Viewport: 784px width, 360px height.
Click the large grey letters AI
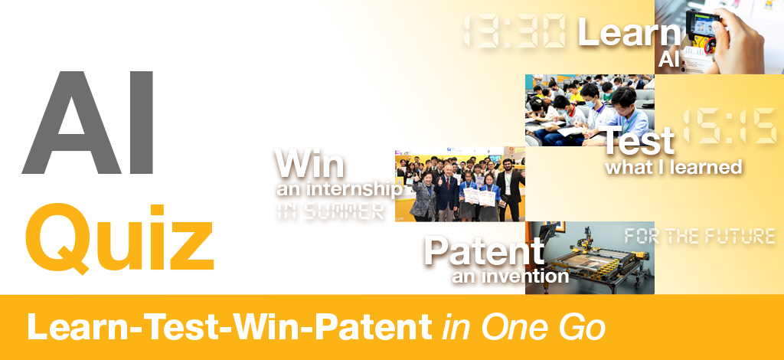click(88, 123)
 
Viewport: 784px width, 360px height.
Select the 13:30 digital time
click(514, 31)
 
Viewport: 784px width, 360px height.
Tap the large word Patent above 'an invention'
click(484, 250)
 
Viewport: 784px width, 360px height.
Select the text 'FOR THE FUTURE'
click(700, 236)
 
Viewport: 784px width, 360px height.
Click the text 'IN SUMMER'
click(331, 211)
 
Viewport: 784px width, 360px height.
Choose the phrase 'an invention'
click(511, 277)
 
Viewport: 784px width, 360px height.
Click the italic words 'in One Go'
click(524, 328)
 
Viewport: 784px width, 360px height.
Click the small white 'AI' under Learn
click(669, 60)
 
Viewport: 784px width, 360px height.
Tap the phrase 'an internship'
click(340, 189)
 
